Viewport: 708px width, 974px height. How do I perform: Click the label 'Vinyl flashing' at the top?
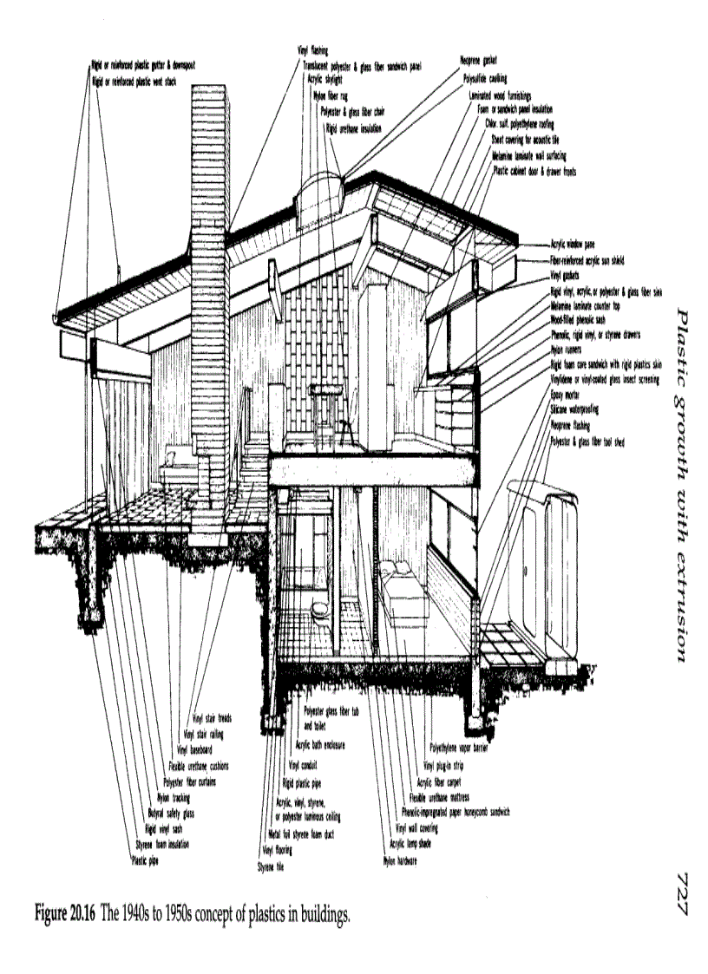coord(313,52)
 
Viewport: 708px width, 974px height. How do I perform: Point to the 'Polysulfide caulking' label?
coord(484,77)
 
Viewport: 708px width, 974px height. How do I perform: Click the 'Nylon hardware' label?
coord(400,861)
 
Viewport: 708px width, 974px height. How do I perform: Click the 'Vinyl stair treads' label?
coord(213,717)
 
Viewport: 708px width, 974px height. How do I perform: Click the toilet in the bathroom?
coord(320,611)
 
